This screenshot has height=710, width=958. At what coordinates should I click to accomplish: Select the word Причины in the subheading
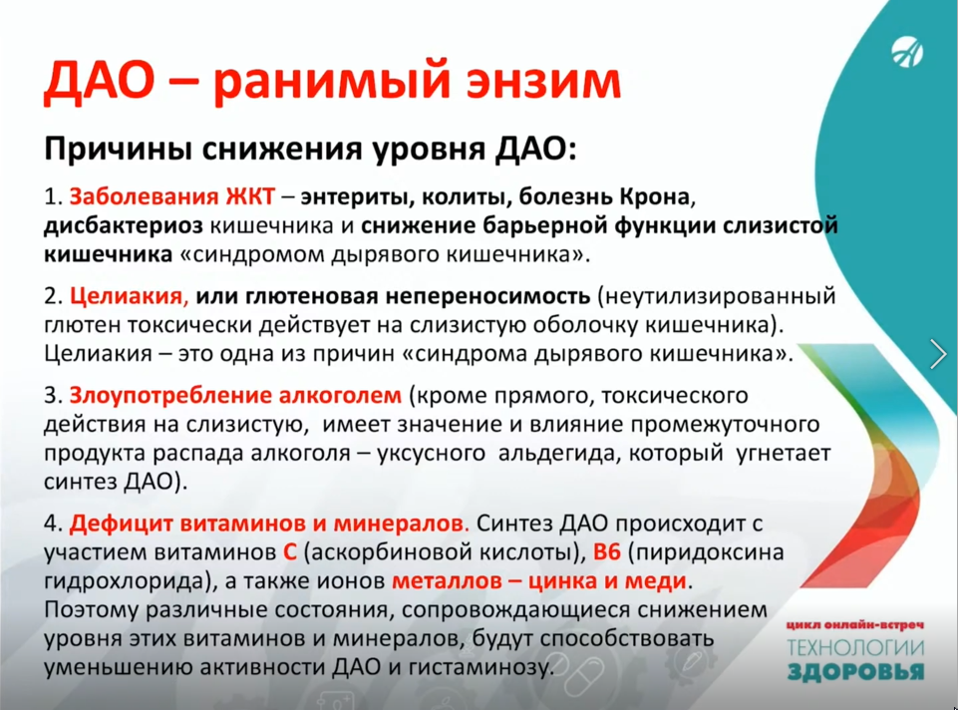point(119,150)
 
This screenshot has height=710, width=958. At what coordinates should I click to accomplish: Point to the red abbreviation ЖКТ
point(250,196)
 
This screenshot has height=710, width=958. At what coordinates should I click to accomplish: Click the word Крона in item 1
point(655,196)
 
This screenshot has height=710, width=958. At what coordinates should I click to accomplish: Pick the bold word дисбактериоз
point(123,226)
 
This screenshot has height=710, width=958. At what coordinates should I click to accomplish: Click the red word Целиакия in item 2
point(127,296)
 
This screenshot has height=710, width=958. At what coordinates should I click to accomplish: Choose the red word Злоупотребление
point(170,396)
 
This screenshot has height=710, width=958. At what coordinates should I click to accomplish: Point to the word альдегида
point(558,454)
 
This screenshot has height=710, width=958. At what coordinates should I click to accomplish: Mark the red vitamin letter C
point(290,552)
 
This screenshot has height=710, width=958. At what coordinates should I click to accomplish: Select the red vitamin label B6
point(607,552)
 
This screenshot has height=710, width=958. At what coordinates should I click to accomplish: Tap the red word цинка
point(563,581)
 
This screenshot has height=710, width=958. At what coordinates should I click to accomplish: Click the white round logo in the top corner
point(907,53)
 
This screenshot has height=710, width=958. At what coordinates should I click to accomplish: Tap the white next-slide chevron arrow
point(938,354)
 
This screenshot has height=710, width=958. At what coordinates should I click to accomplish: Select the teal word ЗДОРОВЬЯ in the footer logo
point(855,672)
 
